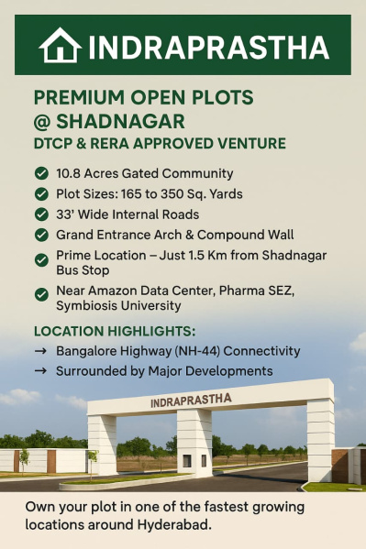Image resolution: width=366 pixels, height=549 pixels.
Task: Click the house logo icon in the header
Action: [61, 45]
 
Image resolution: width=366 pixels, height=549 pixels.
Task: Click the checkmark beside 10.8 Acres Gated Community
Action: [41, 173]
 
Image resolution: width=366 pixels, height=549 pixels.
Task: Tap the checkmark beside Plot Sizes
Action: [41, 193]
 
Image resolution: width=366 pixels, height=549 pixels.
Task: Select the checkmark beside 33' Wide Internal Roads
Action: [41, 214]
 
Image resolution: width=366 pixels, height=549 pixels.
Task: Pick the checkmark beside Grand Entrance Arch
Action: [41, 235]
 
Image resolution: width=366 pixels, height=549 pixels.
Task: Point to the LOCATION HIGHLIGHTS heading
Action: [114, 331]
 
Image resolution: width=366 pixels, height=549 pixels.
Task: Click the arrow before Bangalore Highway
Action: [40, 351]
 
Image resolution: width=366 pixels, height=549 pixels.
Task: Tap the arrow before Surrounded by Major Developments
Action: [40, 371]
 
